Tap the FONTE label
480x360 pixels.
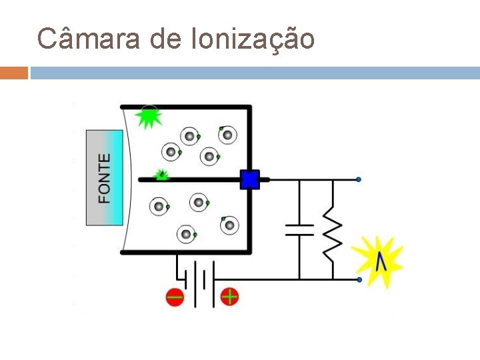(x=105, y=178)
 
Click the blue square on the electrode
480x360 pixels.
(x=249, y=179)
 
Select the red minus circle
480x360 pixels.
(x=175, y=297)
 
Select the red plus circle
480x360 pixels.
(x=229, y=296)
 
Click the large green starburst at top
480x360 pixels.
(x=148, y=117)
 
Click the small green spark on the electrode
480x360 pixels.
(x=161, y=175)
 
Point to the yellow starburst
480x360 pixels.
(x=379, y=261)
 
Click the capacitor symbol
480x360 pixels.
(x=299, y=230)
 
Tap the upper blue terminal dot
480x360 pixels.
(x=359, y=180)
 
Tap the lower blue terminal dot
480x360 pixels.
(x=359, y=280)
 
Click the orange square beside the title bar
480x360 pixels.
(x=13, y=73)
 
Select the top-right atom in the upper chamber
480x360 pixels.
(x=227, y=135)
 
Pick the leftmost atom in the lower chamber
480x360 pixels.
(x=159, y=207)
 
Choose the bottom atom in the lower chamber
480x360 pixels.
(x=185, y=233)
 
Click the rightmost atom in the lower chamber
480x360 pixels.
(x=230, y=225)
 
